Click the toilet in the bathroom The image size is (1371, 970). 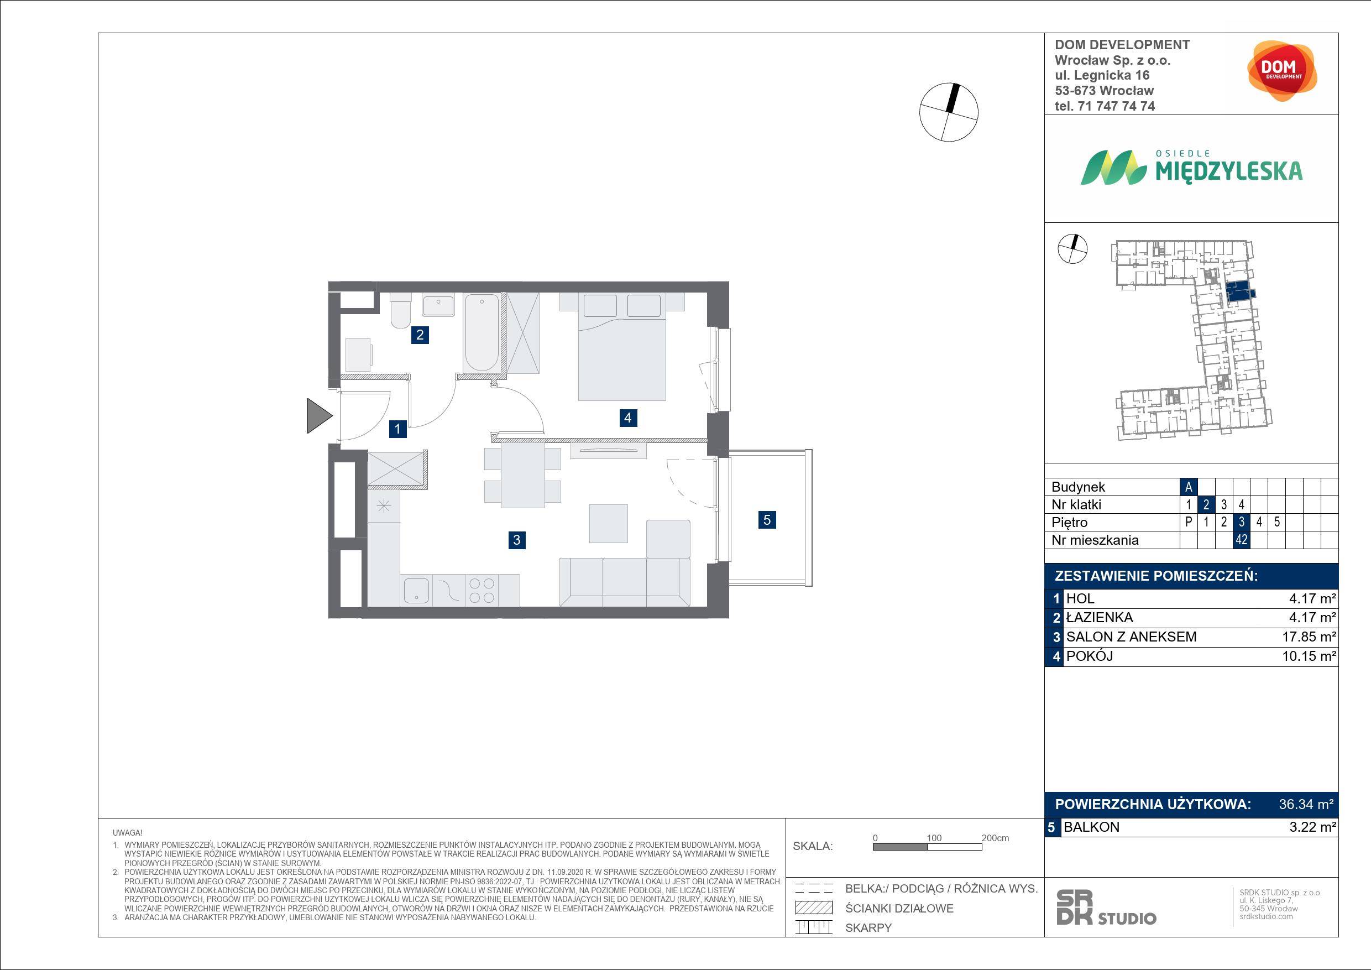click(400, 310)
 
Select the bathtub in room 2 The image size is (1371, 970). click(482, 333)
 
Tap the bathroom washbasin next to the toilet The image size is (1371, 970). click(438, 304)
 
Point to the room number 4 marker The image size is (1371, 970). click(627, 418)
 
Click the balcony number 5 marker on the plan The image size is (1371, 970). click(767, 520)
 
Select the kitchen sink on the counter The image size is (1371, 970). click(416, 591)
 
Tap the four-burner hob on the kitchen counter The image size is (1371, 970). click(482, 590)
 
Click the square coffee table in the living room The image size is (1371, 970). click(609, 523)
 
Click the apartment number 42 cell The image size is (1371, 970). click(1242, 540)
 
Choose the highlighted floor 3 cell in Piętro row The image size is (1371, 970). click(1242, 522)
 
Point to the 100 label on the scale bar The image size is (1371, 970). click(934, 838)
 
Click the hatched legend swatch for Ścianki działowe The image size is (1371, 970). click(814, 908)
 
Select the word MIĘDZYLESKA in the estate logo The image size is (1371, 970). click(1229, 171)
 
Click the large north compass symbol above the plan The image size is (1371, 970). click(949, 112)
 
